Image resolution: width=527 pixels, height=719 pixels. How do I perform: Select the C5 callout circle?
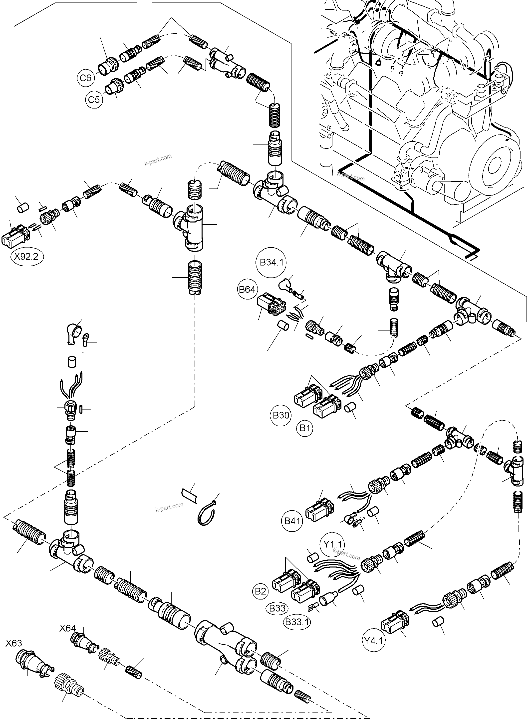(x=94, y=99)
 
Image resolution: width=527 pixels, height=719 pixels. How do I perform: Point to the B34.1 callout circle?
(x=271, y=262)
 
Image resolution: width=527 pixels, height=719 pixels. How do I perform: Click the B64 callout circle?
(x=247, y=289)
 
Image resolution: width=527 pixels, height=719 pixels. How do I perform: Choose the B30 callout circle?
(x=281, y=415)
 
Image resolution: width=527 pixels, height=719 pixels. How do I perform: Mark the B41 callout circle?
(x=292, y=521)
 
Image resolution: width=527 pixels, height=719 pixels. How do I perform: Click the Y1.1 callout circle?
(x=332, y=544)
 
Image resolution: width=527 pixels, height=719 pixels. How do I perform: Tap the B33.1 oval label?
(x=297, y=622)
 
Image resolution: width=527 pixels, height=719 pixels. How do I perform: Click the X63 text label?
(x=14, y=643)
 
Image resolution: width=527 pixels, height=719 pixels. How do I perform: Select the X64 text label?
(x=68, y=628)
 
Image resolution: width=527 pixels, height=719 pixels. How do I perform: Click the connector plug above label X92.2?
(x=16, y=236)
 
